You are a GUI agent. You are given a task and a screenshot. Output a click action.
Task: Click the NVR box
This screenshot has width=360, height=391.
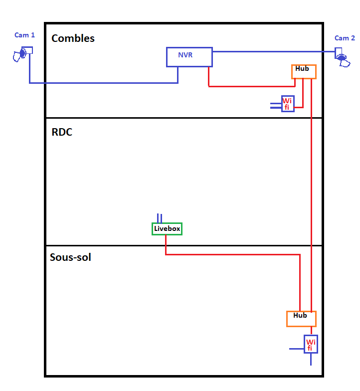(x=189, y=57)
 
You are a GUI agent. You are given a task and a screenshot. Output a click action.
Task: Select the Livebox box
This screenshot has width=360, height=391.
(x=167, y=229)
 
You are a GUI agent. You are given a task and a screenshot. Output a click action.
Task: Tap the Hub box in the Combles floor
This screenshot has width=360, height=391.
(x=304, y=72)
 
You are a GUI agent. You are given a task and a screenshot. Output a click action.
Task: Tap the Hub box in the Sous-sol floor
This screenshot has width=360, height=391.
(x=301, y=319)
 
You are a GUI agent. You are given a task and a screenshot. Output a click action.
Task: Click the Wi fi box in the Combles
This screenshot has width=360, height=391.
(x=288, y=104)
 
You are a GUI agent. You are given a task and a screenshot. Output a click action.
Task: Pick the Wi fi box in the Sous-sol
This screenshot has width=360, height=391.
(x=311, y=344)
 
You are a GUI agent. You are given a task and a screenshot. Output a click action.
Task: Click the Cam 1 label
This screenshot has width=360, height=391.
(x=24, y=35)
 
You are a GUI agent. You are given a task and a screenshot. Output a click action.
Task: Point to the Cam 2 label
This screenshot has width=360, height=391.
(x=345, y=38)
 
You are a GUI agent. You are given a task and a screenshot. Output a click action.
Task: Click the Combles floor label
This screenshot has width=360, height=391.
(x=73, y=38)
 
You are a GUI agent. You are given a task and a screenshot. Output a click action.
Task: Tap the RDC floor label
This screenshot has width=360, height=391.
(x=62, y=133)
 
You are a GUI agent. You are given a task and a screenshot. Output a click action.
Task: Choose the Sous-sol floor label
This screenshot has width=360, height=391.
(x=70, y=258)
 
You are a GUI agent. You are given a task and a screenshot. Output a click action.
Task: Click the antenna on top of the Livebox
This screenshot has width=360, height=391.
(x=160, y=218)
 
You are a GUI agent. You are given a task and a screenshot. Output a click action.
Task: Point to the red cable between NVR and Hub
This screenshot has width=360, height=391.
(x=249, y=86)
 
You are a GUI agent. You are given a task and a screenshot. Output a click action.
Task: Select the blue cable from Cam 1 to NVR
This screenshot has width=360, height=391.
(x=100, y=83)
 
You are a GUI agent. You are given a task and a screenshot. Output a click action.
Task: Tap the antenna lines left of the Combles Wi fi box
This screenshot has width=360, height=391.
(x=275, y=105)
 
